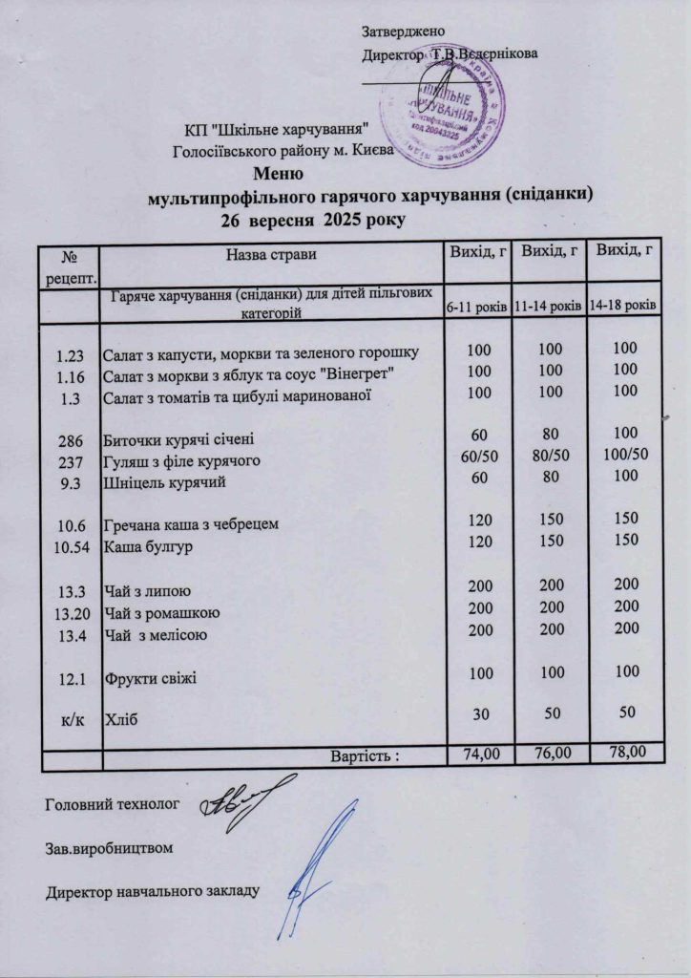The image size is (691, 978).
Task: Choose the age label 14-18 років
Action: pos(621,305)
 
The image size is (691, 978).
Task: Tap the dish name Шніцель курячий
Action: pos(163,483)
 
